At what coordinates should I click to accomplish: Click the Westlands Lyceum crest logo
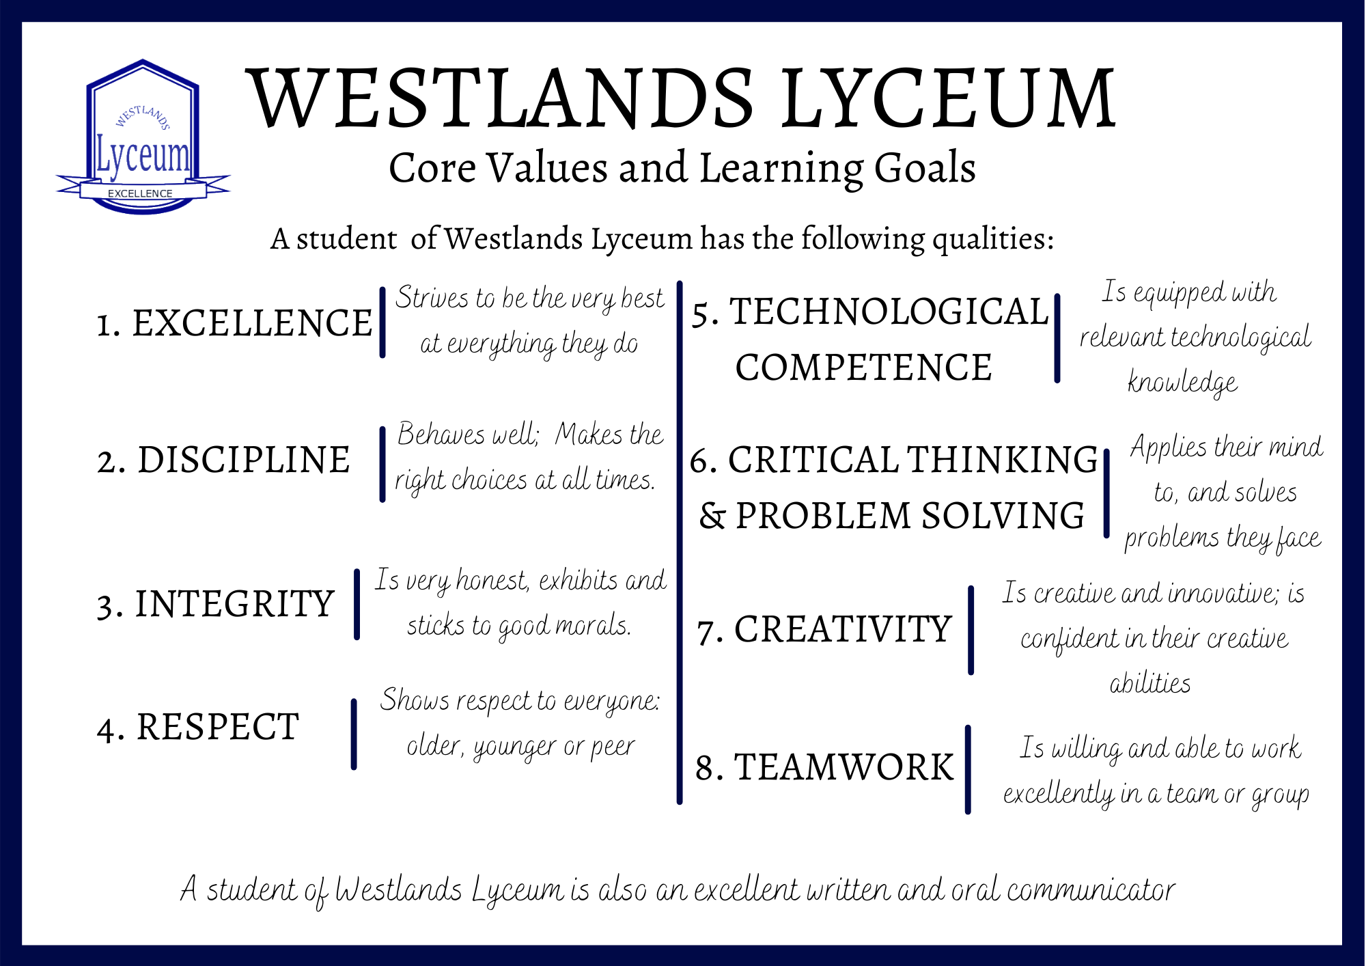coord(143,137)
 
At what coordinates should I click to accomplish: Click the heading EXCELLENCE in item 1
coord(252,323)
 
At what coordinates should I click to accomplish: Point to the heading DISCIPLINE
coord(244,460)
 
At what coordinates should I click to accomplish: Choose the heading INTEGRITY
coord(234,604)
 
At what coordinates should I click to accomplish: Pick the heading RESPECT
coord(218,727)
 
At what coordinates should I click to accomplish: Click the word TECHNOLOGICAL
coord(889,312)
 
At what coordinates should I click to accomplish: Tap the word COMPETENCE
coord(863,368)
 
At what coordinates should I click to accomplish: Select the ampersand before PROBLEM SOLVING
coord(712,516)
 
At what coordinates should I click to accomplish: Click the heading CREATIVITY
coord(843,629)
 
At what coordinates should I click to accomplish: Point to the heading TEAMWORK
coord(844,767)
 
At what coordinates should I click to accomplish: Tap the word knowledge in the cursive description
coord(1182,383)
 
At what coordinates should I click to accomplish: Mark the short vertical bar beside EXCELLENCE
coord(382,322)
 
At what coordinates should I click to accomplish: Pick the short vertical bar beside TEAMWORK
coord(968,769)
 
